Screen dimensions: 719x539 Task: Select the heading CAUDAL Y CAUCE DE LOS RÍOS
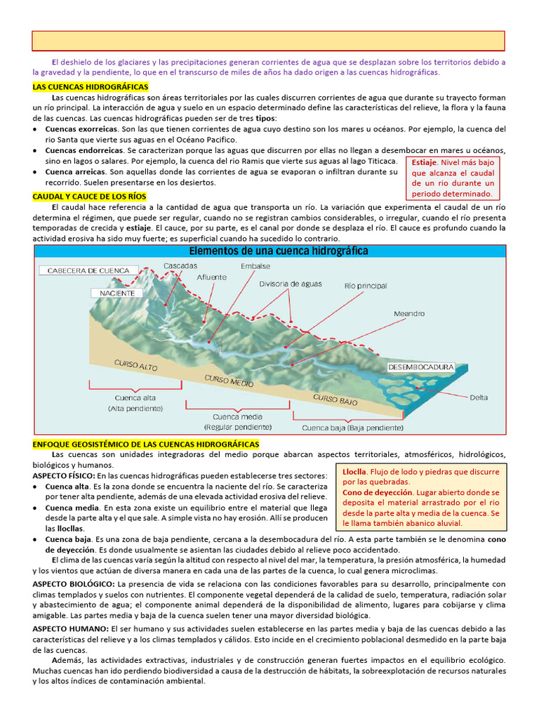pos(89,197)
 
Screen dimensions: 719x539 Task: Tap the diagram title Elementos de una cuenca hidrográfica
pos(279,251)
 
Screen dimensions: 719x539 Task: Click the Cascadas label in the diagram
pos(180,266)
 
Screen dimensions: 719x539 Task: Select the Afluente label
pos(211,277)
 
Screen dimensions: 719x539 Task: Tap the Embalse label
pos(255,267)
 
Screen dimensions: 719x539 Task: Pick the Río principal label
pos(366,286)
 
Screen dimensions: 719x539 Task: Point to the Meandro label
pos(409,314)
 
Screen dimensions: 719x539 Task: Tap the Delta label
pos(479,397)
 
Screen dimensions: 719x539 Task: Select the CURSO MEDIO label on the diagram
pos(229,383)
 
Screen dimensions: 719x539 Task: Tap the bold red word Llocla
pos(355,472)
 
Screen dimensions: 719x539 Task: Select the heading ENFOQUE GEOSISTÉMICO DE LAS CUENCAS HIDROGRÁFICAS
pos(146,444)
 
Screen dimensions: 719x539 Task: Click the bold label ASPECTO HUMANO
pos(67,628)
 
